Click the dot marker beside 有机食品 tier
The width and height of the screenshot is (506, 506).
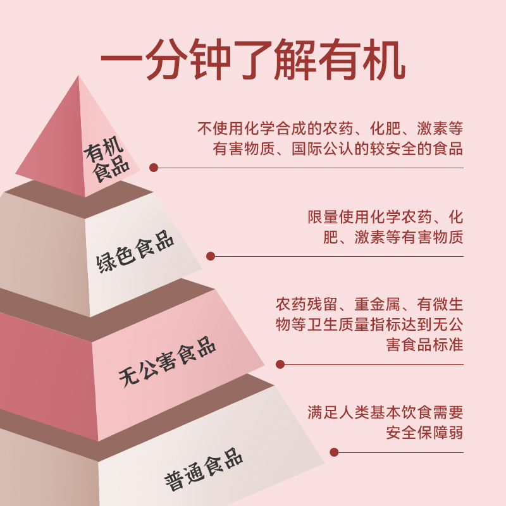point(153,168)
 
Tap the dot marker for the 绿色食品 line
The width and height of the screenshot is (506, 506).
point(211,256)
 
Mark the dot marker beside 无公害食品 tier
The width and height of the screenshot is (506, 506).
point(280,364)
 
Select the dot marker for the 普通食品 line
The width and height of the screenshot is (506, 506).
point(334,452)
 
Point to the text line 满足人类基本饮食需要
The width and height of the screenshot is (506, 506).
point(386,413)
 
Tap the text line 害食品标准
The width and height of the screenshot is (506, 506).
point(424,346)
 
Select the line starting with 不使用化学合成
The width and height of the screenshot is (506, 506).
point(331,128)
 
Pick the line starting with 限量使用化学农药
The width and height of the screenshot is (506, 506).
point(386,217)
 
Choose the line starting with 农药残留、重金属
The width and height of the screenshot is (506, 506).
point(369,304)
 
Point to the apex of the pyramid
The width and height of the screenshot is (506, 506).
point(78,77)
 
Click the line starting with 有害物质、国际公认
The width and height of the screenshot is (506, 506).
point(338,149)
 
